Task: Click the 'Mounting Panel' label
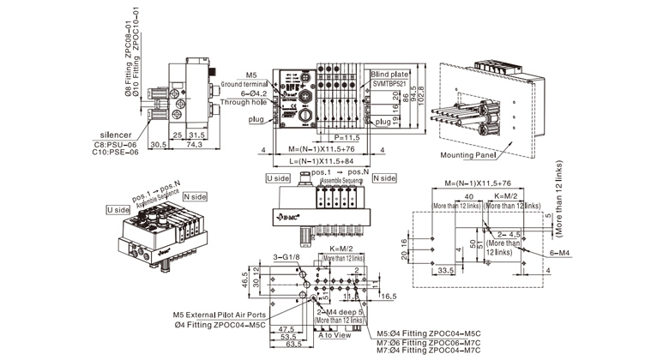coord(471,155)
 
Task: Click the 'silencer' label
coord(116,135)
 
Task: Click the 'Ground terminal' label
coord(245,84)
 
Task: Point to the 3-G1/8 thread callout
coord(285,255)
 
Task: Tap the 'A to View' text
coord(335,336)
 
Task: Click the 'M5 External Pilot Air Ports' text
coord(219,314)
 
